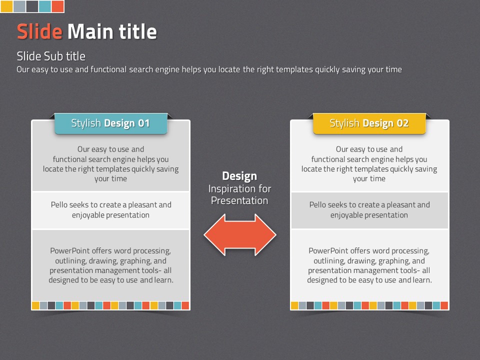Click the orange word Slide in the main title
click(x=40, y=31)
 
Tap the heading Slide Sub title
click(x=51, y=56)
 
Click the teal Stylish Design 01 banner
click(x=111, y=123)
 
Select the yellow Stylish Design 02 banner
click(x=369, y=123)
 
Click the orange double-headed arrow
click(x=240, y=235)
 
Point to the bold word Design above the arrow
click(x=239, y=176)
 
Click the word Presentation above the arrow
click(x=239, y=200)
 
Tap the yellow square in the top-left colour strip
click(x=6, y=6)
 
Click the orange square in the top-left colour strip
click(x=57, y=6)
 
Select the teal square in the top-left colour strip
click(x=44, y=6)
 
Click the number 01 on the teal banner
click(x=144, y=123)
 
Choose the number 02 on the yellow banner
click(x=402, y=123)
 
